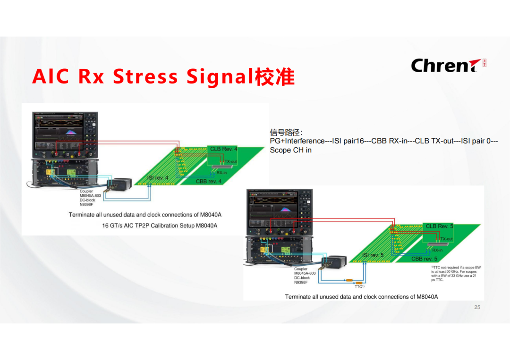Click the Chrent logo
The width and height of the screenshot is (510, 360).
pyautogui.click(x=448, y=65)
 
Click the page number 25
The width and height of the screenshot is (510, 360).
pyautogui.click(x=477, y=307)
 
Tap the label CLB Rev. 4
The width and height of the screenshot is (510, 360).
pyautogui.click(x=223, y=149)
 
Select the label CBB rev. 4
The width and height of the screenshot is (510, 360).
pyautogui.click(x=209, y=181)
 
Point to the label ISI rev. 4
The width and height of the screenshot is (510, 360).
pyautogui.click(x=158, y=177)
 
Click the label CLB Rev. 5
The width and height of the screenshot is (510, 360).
pyautogui.click(x=439, y=226)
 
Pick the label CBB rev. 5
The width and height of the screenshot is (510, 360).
pyautogui.click(x=425, y=259)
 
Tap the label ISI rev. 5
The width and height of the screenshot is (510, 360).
pyautogui.click(x=373, y=255)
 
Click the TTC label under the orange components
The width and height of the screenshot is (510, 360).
pyautogui.click(x=359, y=286)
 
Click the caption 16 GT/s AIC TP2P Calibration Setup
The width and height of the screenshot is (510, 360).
pyautogui.click(x=160, y=226)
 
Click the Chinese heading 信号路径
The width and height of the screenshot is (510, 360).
pyautogui.click(x=286, y=133)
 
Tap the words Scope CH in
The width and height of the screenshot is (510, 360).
pyautogui.click(x=290, y=150)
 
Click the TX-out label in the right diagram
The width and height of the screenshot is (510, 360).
pyautogui.click(x=446, y=239)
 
